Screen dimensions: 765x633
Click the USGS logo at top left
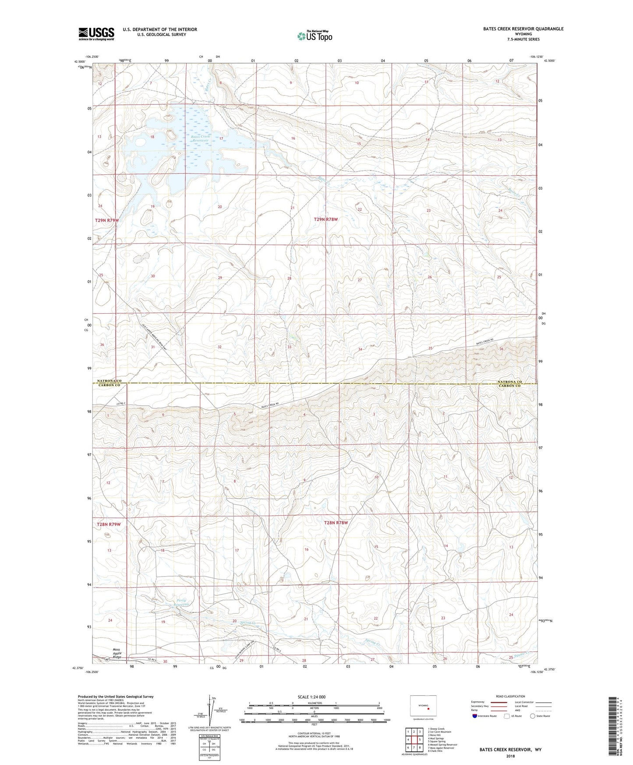(x=96, y=34)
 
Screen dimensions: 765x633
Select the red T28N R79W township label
(x=108, y=524)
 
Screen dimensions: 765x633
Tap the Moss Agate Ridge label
(x=117, y=653)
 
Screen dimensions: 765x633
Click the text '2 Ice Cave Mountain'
(x=439, y=732)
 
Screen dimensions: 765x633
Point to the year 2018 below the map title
(x=510, y=756)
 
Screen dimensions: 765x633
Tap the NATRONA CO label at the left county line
(x=109, y=381)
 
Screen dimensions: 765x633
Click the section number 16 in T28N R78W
(x=306, y=549)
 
